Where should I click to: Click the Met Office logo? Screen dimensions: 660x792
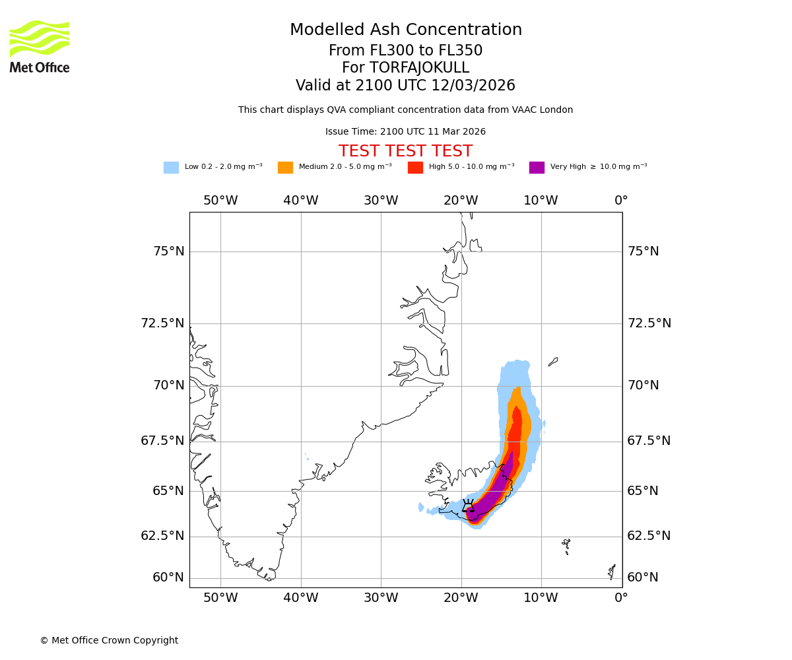(40, 46)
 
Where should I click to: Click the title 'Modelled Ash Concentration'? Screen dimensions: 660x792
(405, 30)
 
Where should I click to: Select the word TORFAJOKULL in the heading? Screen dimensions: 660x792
(419, 68)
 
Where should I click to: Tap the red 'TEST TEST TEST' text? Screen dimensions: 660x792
(405, 151)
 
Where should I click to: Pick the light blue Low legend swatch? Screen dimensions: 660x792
(171, 168)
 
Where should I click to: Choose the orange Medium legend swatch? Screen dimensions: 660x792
(285, 168)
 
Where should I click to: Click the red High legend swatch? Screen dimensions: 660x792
(415, 168)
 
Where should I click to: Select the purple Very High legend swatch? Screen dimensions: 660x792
(537, 168)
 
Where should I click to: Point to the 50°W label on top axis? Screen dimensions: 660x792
(220, 201)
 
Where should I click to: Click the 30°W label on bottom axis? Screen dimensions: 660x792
(381, 599)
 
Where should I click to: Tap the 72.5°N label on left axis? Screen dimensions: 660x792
(162, 323)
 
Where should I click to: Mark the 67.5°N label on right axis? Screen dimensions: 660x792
(649, 441)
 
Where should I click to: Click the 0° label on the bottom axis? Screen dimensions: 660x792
(621, 599)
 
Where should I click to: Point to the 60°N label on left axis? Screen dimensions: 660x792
(168, 577)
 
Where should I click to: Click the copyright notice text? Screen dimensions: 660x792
(109, 640)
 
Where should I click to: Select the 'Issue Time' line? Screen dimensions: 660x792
(405, 131)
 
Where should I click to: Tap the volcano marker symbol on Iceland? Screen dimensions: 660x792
(468, 506)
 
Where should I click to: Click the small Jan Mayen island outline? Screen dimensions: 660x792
(553, 362)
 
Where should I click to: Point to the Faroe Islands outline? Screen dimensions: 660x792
(566, 545)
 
